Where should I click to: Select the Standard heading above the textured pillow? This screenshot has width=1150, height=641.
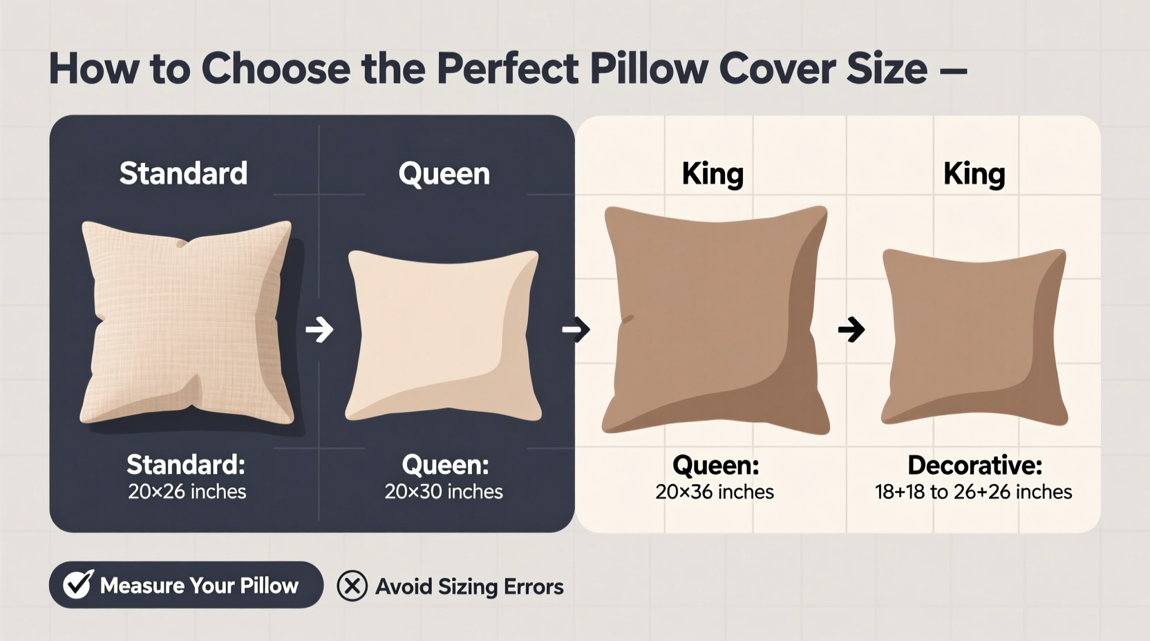tap(183, 173)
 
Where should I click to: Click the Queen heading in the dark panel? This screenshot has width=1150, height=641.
tap(444, 173)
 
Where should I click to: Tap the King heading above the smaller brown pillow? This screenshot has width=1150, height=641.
tap(974, 174)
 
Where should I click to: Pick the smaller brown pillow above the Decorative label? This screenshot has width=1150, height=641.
tap(974, 337)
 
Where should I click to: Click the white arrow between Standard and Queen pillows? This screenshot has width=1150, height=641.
tap(319, 329)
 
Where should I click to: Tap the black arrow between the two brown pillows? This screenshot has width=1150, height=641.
tap(851, 329)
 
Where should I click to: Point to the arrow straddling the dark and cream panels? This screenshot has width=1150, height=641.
tap(576, 329)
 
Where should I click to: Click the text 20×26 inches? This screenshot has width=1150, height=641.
tap(187, 492)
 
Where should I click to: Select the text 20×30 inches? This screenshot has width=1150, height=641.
tap(444, 492)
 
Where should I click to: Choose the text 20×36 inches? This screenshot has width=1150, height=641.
tap(715, 492)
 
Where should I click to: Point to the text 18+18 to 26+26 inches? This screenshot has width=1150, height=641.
tap(973, 492)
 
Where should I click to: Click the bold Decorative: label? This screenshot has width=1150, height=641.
tap(974, 466)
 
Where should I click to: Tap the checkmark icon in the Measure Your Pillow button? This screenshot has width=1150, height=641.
tap(78, 584)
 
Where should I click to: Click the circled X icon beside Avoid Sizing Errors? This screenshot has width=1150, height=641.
tap(352, 586)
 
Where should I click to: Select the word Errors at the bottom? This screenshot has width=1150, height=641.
tap(534, 586)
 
